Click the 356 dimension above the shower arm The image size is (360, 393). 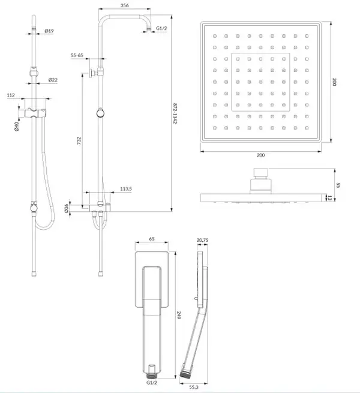125,5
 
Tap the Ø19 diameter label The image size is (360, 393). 49,31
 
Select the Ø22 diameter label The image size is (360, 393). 53,80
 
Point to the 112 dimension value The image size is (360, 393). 11,95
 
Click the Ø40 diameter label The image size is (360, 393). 17,127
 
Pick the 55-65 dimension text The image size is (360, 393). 77,55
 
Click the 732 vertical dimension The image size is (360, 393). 79,141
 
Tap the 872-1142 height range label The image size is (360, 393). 175,113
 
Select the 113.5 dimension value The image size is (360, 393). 126,189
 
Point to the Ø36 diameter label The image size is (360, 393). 66,208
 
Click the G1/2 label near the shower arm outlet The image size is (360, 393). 161,28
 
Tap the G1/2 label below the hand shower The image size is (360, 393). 152,382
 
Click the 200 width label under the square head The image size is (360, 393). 261,155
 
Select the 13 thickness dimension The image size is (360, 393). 329,198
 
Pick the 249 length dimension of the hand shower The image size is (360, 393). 179,316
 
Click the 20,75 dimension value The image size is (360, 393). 202,240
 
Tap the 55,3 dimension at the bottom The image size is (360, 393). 194,387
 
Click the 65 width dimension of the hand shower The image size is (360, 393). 152,239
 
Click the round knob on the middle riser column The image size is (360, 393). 100,113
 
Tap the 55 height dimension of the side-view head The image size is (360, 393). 338,185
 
